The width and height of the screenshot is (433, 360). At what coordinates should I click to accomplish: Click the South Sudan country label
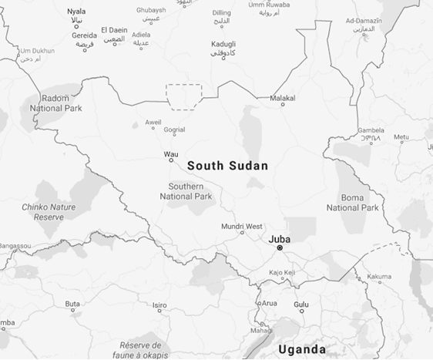[227, 166]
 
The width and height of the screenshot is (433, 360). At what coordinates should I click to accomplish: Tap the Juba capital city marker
[280, 247]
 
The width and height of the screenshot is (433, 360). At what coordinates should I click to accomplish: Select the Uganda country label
[301, 349]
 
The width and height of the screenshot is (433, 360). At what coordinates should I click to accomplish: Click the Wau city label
[171, 154]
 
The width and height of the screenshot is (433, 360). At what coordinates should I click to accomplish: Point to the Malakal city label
[283, 98]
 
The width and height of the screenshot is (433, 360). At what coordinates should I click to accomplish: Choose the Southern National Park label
[186, 192]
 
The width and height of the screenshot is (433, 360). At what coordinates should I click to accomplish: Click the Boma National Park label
[352, 203]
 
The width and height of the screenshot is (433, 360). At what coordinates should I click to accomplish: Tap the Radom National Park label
[54, 103]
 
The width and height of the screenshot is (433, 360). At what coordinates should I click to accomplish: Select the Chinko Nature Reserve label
[49, 212]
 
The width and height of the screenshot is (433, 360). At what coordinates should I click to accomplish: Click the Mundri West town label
[242, 226]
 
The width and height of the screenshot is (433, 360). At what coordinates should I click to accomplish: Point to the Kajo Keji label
[282, 273]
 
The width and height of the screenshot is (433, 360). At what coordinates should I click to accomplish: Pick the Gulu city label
[301, 304]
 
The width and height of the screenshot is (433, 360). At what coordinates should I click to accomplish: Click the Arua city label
[269, 303]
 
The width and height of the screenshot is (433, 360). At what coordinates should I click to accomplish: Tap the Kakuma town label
[378, 276]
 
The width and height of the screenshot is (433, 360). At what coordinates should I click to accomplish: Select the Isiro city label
[159, 305]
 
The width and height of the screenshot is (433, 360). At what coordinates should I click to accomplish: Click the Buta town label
[72, 304]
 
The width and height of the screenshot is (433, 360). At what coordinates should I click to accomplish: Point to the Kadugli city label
[223, 44]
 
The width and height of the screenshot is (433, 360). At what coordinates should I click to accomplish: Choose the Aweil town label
[153, 122]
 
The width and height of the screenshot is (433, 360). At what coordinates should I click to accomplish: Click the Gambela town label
[371, 130]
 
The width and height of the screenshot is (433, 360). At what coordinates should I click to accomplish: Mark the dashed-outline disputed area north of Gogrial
[185, 93]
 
